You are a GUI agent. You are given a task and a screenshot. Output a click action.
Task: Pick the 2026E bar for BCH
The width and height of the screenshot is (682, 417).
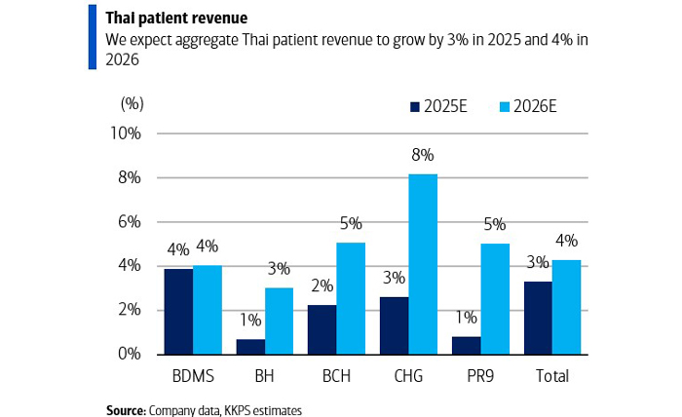tap(352, 298)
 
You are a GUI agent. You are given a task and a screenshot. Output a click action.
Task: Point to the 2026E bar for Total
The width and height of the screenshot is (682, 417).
tap(567, 307)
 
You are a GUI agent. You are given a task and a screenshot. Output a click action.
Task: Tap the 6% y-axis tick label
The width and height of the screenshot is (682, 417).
tap(130, 222)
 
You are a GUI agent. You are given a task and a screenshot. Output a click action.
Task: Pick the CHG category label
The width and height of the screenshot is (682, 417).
tap(409, 376)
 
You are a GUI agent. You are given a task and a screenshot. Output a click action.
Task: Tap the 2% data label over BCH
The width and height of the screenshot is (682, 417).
tap(322, 286)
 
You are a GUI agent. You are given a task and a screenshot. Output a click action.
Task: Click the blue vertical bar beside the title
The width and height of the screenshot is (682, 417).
tap(93, 36)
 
